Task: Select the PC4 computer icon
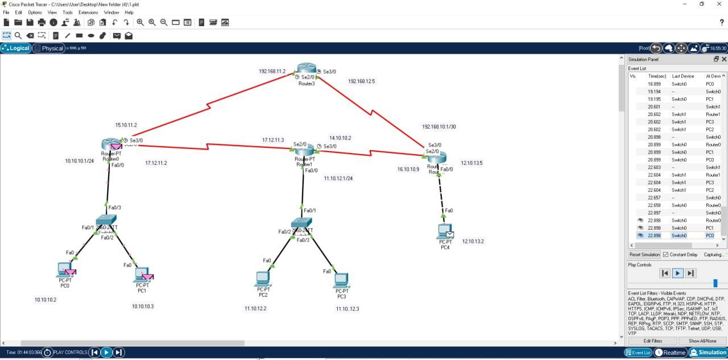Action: point(444,231)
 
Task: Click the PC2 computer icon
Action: point(262,279)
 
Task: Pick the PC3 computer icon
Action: point(341,280)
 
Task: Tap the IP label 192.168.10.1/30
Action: point(439,127)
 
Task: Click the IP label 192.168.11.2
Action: point(272,72)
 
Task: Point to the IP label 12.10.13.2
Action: point(473,242)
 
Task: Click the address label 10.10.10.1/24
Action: point(79,161)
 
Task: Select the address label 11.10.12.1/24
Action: point(338,179)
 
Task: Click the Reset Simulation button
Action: point(644,254)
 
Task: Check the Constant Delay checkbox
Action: point(666,254)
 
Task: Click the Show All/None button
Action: point(702,341)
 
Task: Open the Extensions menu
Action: point(88,12)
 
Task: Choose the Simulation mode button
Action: point(708,353)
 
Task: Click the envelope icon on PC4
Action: point(450,234)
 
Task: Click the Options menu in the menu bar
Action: point(35,12)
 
